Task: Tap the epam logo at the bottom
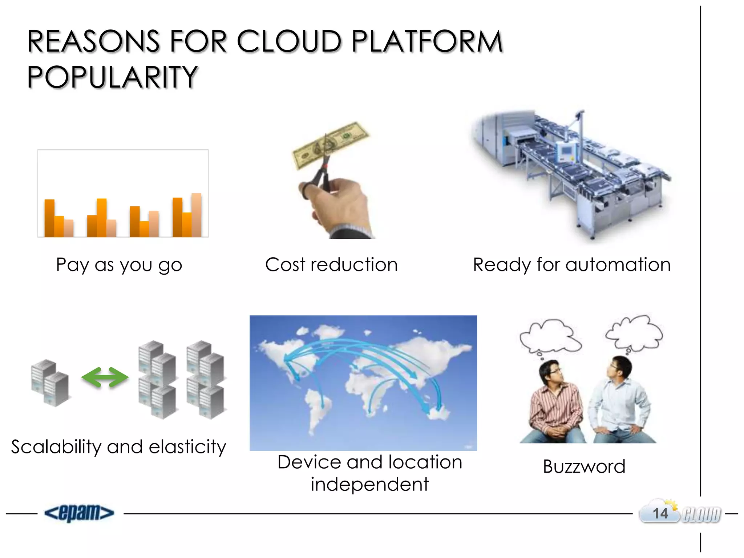[x=79, y=513]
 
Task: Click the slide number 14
[x=660, y=514]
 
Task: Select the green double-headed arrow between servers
[x=105, y=378]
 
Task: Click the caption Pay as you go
[x=119, y=264]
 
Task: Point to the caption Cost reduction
[x=331, y=264]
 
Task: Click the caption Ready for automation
[x=571, y=264]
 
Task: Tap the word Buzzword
[x=584, y=466]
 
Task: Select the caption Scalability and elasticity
[x=118, y=446]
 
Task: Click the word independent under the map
[x=369, y=484]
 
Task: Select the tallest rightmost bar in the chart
[x=197, y=215]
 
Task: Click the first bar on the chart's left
[x=49, y=218]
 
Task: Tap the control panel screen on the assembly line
[x=565, y=150]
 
